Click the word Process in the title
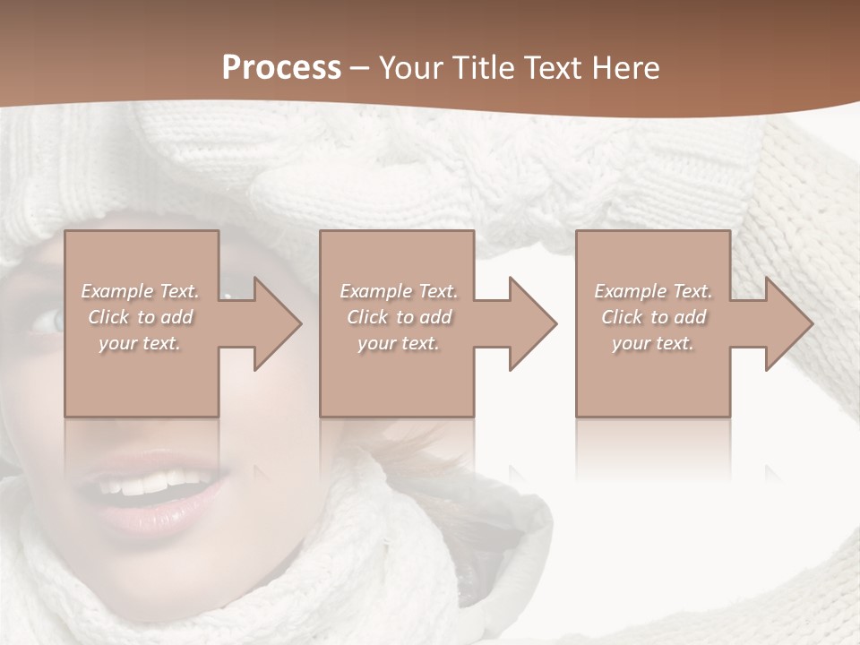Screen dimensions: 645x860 pos(281,68)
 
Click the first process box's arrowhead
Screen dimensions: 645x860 pos(273,323)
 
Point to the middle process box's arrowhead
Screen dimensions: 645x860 pos(529,323)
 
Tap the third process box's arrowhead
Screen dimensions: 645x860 pos(785,323)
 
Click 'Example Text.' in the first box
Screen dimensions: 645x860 pos(141,291)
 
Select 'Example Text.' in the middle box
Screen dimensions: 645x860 pos(399,291)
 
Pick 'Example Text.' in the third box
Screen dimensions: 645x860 pos(653,291)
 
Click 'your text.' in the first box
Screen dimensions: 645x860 pos(140,343)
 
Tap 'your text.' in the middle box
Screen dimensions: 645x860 pos(398,343)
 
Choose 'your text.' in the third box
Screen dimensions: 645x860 pos(652,343)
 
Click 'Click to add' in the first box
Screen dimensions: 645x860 pos(141,317)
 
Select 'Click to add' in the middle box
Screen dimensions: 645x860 pos(399,317)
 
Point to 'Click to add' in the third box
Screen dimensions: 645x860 pos(653,317)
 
